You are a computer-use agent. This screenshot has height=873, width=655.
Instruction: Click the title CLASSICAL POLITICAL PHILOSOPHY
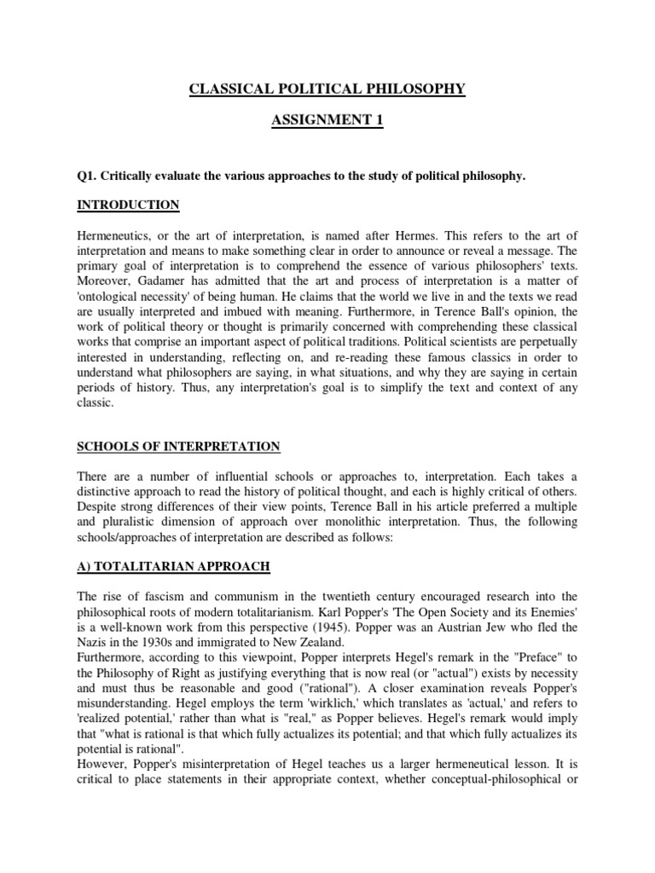tap(327, 89)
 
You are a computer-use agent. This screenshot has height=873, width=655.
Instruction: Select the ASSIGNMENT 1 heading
tap(327, 122)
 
